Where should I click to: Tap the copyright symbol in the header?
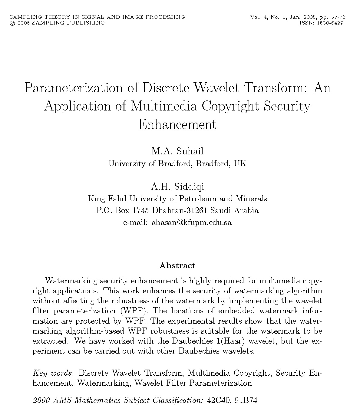tap(12, 23)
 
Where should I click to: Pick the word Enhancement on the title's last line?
tap(177, 125)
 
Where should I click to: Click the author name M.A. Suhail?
tap(177, 151)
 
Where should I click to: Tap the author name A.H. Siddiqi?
tap(177, 186)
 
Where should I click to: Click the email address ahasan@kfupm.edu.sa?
tap(192, 222)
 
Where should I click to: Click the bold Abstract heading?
tap(177, 266)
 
